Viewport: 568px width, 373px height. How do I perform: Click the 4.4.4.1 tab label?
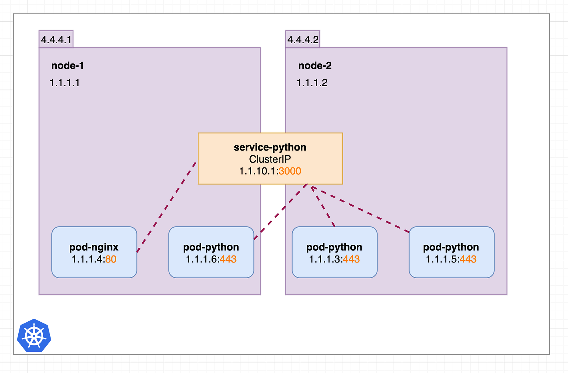tap(56, 40)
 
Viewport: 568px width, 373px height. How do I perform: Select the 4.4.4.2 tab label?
tap(303, 40)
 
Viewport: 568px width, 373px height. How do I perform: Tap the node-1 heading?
tap(67, 65)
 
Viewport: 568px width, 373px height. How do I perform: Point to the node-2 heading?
tap(315, 65)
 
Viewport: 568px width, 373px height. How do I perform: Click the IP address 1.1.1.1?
tap(65, 83)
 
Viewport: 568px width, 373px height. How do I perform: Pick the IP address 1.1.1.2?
tap(312, 83)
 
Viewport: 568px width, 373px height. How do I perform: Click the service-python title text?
tap(270, 148)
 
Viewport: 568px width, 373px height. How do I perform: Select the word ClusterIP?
tap(270, 159)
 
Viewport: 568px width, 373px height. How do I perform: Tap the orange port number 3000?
tap(290, 171)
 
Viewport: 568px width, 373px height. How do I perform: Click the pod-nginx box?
tap(94, 252)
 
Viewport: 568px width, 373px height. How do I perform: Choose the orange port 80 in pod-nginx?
tap(111, 259)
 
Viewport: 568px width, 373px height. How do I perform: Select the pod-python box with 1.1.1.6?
tap(211, 252)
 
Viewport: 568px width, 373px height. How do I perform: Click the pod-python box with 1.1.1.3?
tap(334, 252)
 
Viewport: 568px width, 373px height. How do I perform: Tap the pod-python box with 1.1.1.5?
tap(451, 252)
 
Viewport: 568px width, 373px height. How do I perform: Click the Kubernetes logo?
tap(34, 336)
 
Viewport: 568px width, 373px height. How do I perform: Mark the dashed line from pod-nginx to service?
tap(166, 207)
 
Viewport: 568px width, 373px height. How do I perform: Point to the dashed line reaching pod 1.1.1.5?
tap(360, 210)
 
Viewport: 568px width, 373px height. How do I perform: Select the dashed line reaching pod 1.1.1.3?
tap(323, 206)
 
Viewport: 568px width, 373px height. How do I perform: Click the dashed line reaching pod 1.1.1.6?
tap(281, 211)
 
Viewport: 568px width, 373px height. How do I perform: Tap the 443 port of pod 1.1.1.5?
tap(468, 259)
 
